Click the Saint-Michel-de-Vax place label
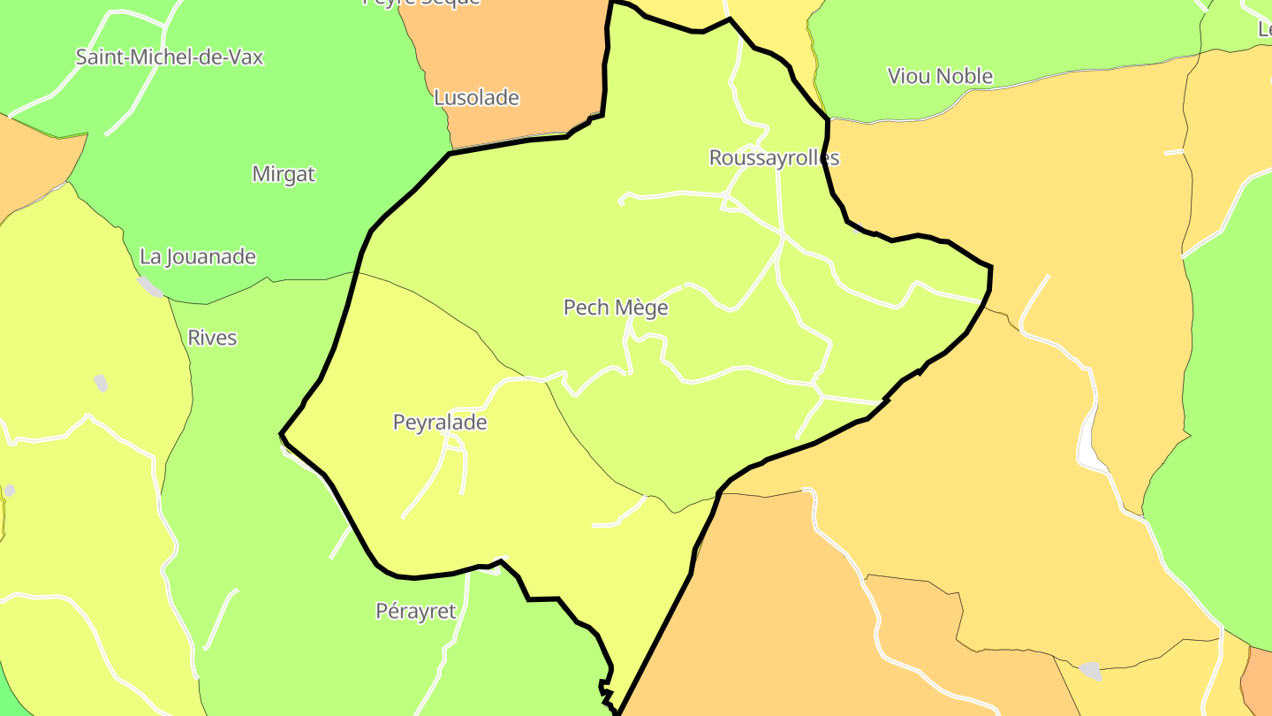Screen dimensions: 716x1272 coord(170,57)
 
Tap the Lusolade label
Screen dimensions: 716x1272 coord(476,97)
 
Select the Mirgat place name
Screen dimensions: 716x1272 coord(284,174)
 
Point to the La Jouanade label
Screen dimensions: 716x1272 coord(198,257)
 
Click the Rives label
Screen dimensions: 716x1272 coord(212,338)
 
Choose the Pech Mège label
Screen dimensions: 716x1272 coord(616,308)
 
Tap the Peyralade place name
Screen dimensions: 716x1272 coord(440,423)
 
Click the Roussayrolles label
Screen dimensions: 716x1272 coord(774,157)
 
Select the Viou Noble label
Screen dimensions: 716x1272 coord(940,76)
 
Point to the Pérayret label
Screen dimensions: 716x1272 coord(416,611)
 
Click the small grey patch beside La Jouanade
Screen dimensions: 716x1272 coord(151,286)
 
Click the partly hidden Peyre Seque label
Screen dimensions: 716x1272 coord(421,3)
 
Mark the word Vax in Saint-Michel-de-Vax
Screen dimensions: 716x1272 coord(245,57)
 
